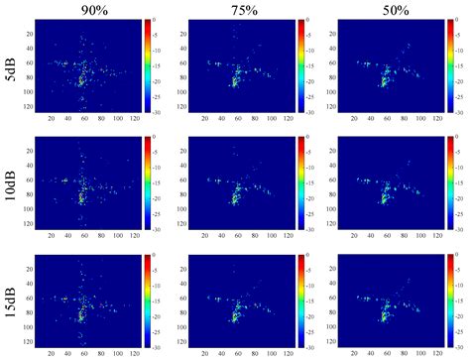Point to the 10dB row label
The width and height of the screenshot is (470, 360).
pos(9,182)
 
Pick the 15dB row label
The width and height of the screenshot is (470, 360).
pos(9,301)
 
